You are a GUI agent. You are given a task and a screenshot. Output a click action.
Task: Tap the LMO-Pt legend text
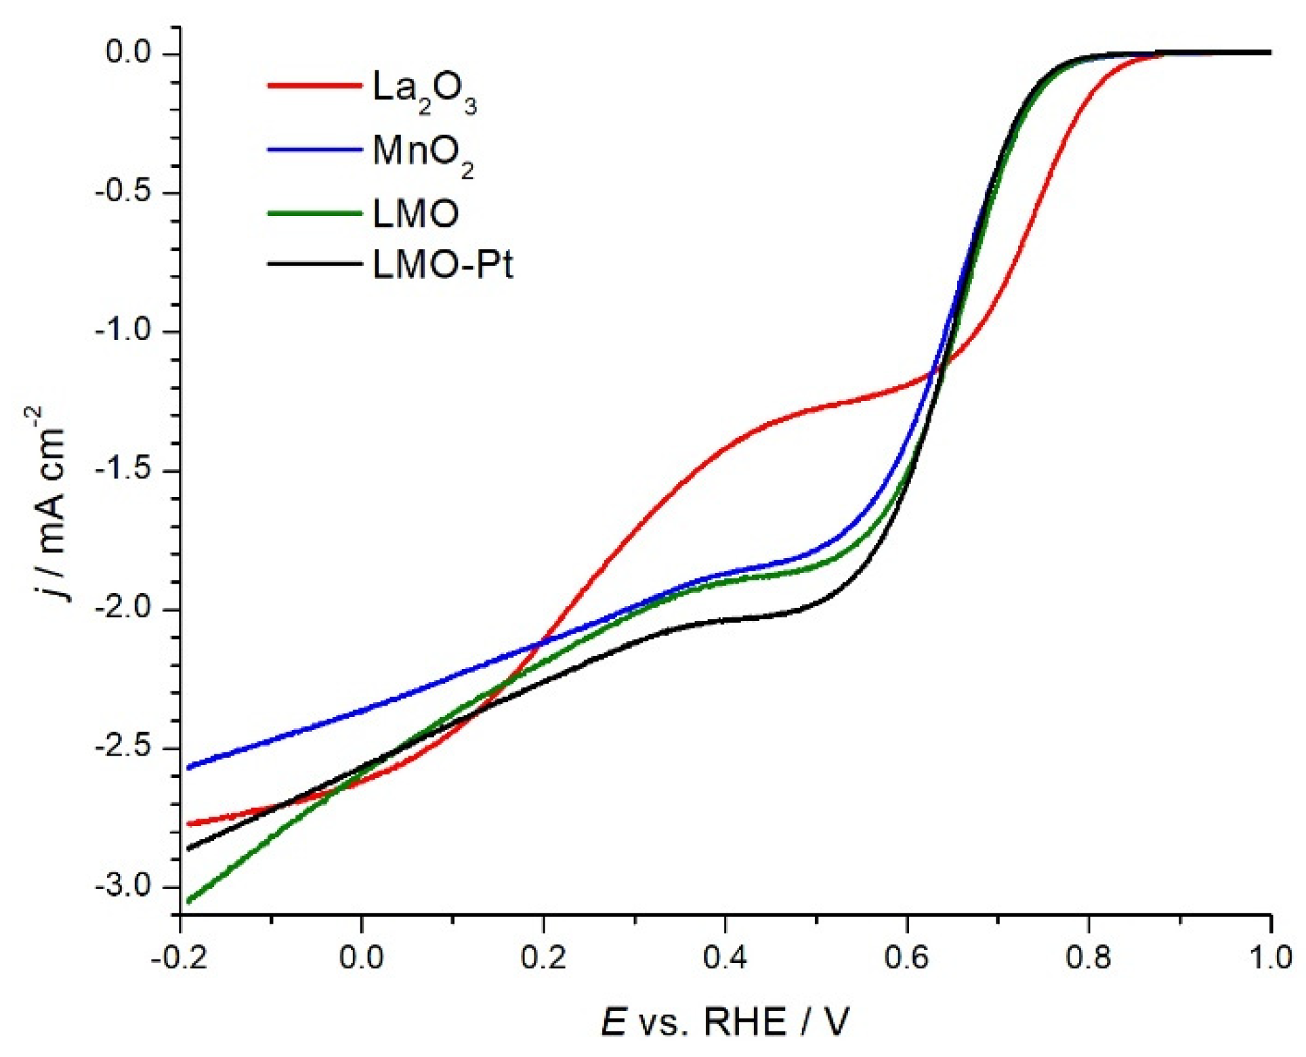442,264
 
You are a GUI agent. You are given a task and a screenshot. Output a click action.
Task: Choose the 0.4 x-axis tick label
725,959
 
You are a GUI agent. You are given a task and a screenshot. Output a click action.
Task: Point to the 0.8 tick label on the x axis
1089,959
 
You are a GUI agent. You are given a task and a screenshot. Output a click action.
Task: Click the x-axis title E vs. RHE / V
725,1021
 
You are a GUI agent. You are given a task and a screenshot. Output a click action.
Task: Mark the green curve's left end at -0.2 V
189,901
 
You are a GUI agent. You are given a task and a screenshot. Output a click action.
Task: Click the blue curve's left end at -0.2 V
189,768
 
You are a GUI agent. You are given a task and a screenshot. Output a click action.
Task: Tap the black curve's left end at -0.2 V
189,848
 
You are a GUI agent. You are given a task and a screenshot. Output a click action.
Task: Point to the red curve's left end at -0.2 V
189,824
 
